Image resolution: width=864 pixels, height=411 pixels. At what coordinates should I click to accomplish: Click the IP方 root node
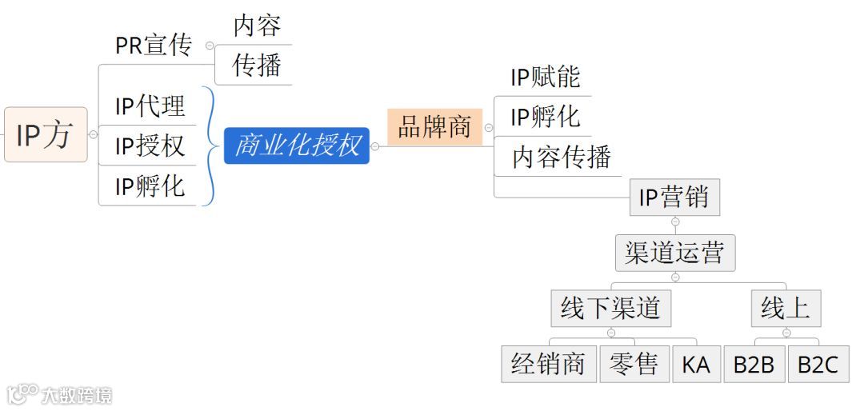(45, 134)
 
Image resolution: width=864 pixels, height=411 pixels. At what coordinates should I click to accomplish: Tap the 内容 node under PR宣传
(257, 26)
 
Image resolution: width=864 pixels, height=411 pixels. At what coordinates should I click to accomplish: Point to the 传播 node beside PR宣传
(257, 66)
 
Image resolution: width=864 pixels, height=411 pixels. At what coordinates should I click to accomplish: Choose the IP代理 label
(150, 106)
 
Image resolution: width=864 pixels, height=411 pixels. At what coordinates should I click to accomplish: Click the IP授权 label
(150, 146)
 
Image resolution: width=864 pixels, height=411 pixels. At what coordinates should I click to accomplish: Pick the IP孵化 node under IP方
(150, 186)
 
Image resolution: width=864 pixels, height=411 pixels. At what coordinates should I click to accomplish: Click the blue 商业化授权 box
(297, 146)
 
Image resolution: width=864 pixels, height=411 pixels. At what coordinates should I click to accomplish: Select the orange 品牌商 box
(434, 127)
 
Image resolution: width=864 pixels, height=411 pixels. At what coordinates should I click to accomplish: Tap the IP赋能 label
(545, 77)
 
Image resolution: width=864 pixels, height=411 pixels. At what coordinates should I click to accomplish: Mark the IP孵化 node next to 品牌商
(545, 117)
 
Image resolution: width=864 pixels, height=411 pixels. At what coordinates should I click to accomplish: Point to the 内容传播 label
(562, 157)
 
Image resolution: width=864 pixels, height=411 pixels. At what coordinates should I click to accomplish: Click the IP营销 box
(674, 197)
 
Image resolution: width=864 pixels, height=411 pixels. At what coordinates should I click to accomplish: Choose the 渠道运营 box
(674, 253)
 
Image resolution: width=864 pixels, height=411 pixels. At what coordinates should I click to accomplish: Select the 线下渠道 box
(610, 309)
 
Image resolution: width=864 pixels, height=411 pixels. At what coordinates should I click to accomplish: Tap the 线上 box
(786, 309)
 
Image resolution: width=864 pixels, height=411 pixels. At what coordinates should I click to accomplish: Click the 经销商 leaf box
(549, 364)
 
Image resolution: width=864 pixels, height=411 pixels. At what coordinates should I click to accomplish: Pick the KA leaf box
(696, 365)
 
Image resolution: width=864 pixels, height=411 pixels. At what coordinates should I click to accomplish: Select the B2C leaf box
(818, 365)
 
